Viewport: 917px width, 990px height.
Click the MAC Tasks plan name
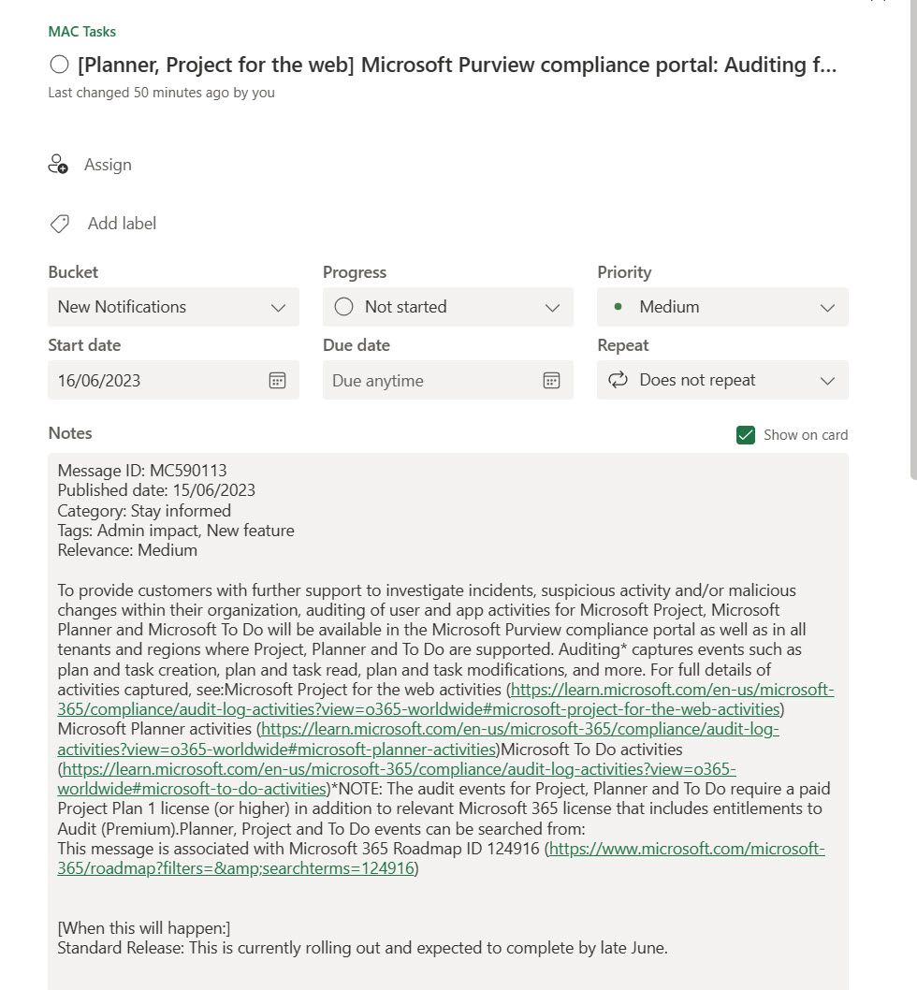click(82, 31)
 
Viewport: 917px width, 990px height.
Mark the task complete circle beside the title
click(59, 65)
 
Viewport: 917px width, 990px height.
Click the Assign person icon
click(58, 165)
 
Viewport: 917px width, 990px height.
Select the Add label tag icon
click(59, 224)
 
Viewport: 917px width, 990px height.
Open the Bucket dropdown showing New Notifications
click(173, 307)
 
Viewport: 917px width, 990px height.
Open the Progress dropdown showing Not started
click(447, 307)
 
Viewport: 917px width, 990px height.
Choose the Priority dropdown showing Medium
click(722, 307)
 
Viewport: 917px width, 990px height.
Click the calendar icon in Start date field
click(277, 380)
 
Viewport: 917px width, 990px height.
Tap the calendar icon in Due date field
click(551, 380)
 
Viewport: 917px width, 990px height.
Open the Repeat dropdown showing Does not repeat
click(722, 380)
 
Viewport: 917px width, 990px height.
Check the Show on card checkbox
click(746, 434)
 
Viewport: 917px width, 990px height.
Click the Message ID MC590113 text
click(142, 471)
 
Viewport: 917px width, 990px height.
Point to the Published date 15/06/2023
click(156, 490)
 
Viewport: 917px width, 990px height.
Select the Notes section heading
click(70, 433)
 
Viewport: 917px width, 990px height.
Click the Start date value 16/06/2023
click(99, 381)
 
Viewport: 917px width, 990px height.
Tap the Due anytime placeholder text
click(378, 381)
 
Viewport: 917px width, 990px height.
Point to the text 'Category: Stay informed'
click(144, 511)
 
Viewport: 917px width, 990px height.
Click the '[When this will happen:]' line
click(144, 928)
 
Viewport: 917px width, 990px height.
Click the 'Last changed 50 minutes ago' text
click(161, 93)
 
